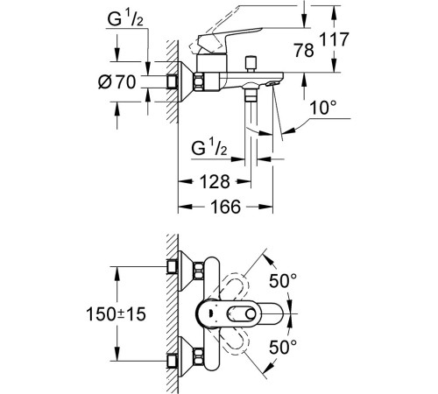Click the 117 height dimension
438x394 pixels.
click(x=335, y=39)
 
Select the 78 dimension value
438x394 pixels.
click(x=304, y=50)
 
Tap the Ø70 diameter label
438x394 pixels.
click(x=117, y=81)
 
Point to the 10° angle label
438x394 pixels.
click(x=323, y=107)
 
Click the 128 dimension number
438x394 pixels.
click(x=215, y=181)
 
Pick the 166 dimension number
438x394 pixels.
click(x=226, y=207)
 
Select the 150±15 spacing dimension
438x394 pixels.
click(x=116, y=314)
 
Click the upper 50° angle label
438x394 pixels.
click(x=283, y=281)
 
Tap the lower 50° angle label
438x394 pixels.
click(x=283, y=347)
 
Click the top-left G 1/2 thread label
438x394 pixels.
click(x=125, y=19)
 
